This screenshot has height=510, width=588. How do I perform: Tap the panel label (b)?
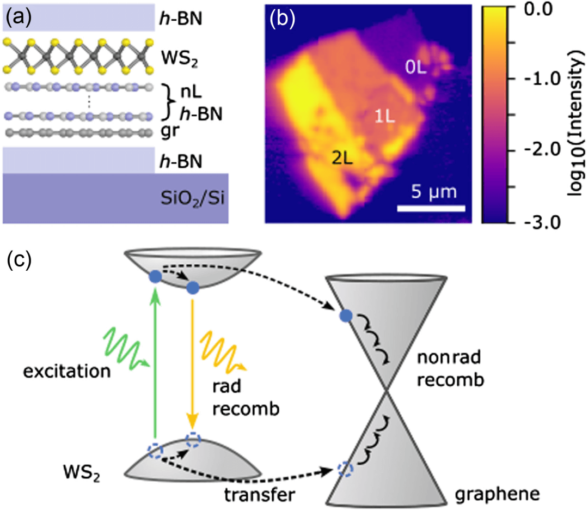coord(281,20)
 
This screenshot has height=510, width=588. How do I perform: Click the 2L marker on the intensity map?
coord(343,159)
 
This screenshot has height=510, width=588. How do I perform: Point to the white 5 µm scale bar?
coord(430,208)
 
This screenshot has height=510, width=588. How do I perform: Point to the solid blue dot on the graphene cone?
coord(345,315)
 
